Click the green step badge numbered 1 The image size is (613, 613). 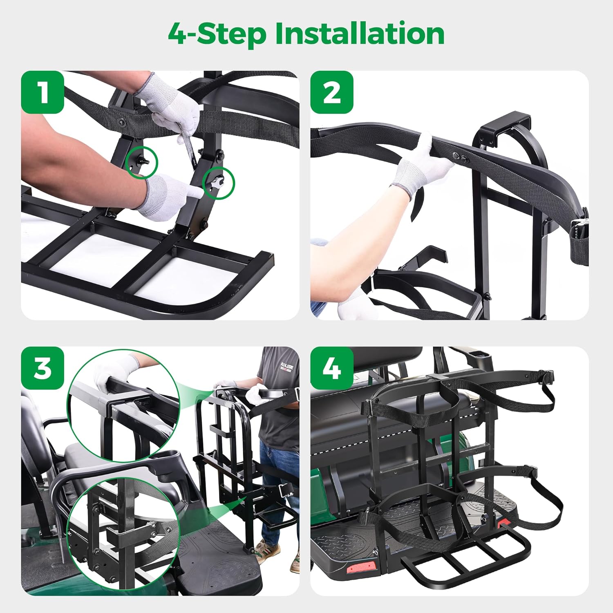click(43, 92)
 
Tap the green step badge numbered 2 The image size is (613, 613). click(331, 92)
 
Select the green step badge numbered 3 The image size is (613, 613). click(43, 368)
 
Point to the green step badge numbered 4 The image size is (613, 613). click(331, 368)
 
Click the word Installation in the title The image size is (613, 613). click(360, 34)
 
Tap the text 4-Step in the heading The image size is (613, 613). click(217, 34)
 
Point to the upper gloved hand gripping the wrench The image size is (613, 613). click(174, 110)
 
